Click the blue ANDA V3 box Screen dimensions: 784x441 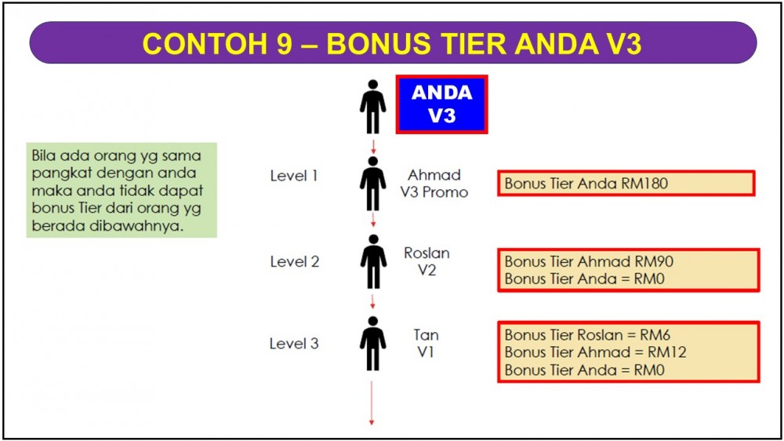point(441,104)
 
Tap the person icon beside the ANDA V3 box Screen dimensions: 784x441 point(372,107)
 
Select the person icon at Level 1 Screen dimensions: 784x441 point(372,184)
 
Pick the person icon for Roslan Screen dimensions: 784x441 point(373,261)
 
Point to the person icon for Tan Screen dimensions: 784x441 point(372,344)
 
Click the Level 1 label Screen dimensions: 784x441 point(294,176)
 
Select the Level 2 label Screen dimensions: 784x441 point(295,261)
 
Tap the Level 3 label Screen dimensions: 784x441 point(294,344)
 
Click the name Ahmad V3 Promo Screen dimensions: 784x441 point(434,183)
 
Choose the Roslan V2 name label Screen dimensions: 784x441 point(426,261)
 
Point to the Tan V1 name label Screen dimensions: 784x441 point(426,344)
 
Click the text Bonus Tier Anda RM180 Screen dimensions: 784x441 point(586,183)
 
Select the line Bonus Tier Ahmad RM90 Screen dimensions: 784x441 point(589,261)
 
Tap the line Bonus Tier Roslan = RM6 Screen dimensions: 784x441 point(587,334)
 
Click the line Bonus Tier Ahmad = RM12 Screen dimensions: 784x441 point(596,352)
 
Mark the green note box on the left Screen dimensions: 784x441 point(122,190)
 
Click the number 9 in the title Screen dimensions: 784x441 point(284,43)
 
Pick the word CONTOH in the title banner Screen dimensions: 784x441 point(205,43)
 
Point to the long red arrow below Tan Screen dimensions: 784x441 point(372,403)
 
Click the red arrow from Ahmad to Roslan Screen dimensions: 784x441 point(373,219)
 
